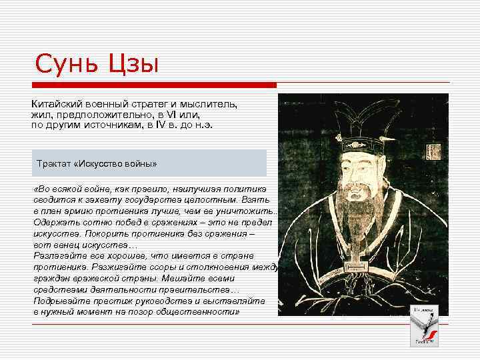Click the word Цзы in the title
click(x=132, y=65)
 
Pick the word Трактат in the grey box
click(x=56, y=163)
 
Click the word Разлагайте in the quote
click(x=56, y=255)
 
